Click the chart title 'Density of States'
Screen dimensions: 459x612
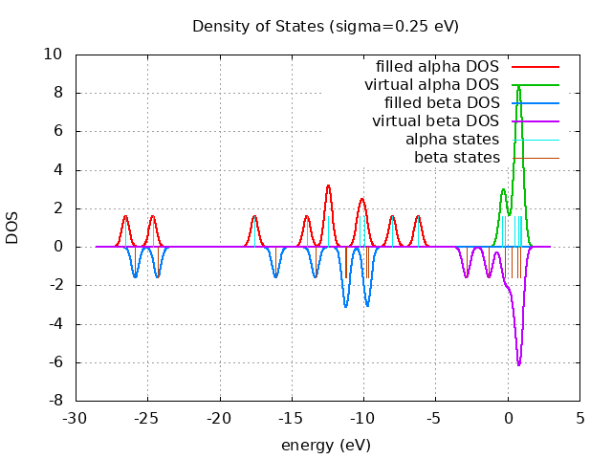click(325, 26)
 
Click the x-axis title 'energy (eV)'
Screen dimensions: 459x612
click(325, 446)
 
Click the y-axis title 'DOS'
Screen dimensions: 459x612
click(12, 228)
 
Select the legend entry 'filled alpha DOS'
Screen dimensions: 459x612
click(438, 67)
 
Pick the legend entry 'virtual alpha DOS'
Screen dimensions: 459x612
click(432, 85)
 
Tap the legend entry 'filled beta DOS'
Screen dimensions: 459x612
click(441, 102)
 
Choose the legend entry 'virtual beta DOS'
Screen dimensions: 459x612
click(435, 120)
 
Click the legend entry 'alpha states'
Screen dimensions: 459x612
click(452, 140)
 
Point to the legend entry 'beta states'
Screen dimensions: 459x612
click(456, 157)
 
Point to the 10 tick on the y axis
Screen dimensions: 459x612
click(55, 55)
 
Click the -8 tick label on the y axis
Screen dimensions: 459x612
click(55, 401)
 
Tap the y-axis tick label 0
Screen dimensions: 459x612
click(59, 247)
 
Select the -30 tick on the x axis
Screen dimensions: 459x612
click(76, 419)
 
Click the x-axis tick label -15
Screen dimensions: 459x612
click(292, 419)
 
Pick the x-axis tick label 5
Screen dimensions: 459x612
click(579, 419)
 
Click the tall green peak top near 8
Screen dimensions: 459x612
click(518, 86)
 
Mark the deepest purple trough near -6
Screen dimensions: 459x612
click(519, 364)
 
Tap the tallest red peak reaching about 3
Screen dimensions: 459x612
click(328, 186)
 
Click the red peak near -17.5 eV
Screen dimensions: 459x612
click(254, 216)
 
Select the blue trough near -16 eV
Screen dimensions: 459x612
click(275, 277)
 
